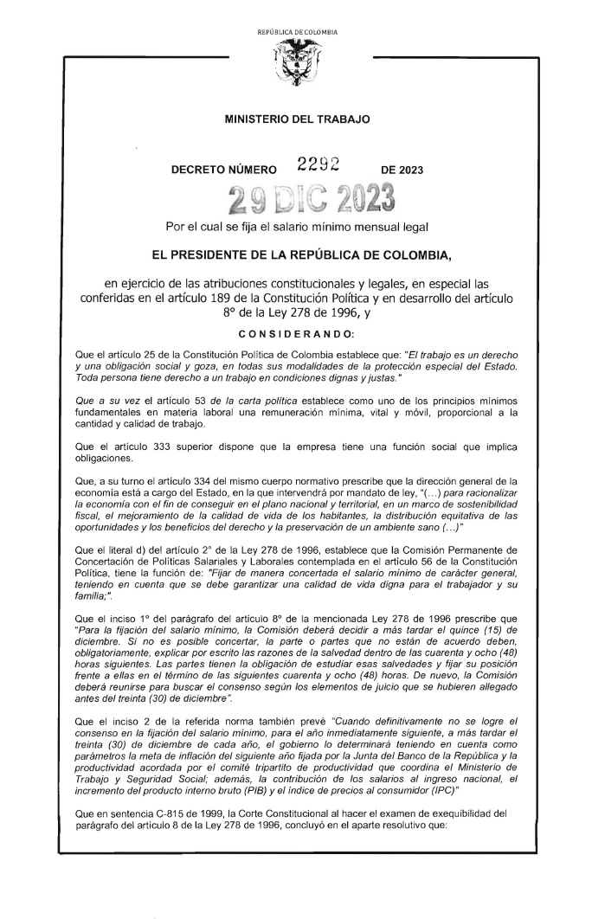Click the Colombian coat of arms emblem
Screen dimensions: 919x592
tap(295, 62)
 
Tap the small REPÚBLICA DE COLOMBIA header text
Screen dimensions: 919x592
tap(296, 32)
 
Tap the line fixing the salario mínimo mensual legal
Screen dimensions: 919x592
tap(297, 228)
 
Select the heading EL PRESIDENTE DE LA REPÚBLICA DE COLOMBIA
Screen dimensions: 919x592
tap(296, 257)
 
